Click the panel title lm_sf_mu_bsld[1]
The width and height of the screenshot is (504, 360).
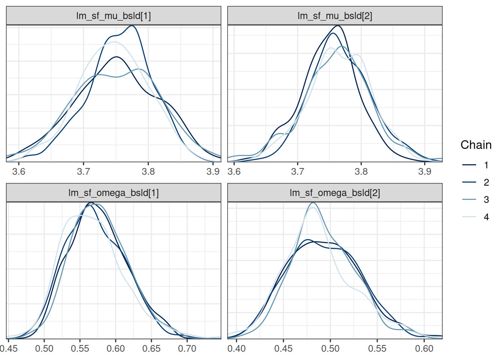(x=114, y=16)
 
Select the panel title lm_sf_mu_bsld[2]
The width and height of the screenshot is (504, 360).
(x=335, y=16)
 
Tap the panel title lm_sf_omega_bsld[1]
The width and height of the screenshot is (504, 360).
(x=114, y=193)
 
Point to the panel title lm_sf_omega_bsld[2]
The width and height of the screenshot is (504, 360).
(x=335, y=193)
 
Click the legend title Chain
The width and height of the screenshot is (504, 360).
(x=476, y=145)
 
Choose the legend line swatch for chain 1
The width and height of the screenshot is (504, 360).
(x=469, y=165)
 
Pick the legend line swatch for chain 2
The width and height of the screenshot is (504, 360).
(x=469, y=182)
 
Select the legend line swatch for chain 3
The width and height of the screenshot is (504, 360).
(x=469, y=199)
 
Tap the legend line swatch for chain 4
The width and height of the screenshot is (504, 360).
(x=469, y=217)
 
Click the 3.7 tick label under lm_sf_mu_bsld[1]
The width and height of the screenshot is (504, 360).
(x=84, y=172)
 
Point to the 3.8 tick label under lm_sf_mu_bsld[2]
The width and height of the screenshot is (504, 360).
(x=361, y=172)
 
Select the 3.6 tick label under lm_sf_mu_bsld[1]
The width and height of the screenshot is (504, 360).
(x=19, y=172)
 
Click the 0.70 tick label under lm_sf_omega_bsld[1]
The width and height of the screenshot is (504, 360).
(x=187, y=349)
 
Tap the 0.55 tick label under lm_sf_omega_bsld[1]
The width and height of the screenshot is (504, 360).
(x=80, y=349)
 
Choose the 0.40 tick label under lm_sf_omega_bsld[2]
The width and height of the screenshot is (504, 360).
(x=237, y=349)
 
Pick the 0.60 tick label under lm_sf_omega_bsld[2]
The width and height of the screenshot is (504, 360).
(x=424, y=349)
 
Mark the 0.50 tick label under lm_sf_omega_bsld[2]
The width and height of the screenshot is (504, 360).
(x=330, y=349)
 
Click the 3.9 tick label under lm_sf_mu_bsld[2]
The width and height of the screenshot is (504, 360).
(x=424, y=172)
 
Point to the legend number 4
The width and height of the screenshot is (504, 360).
(x=486, y=217)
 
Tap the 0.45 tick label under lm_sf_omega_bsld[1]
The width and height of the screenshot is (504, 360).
(x=9, y=349)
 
